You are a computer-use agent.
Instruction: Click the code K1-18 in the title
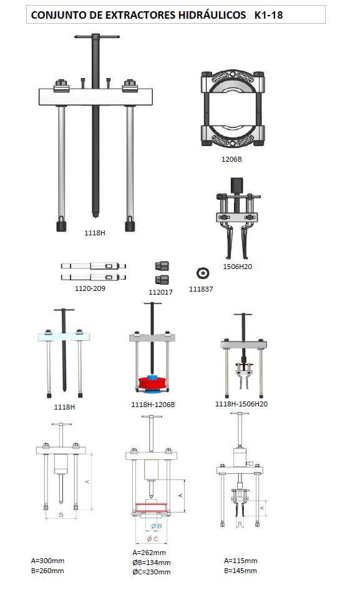click(x=268, y=15)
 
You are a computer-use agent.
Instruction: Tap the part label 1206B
click(x=231, y=159)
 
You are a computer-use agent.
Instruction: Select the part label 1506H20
click(x=238, y=267)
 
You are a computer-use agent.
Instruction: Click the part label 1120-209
click(x=90, y=288)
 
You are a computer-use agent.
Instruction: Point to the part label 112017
click(x=160, y=292)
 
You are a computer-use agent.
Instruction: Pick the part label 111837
click(x=201, y=289)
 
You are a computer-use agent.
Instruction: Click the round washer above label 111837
click(x=203, y=273)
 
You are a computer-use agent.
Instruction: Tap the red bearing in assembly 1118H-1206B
click(x=152, y=383)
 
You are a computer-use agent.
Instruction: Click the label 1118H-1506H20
click(x=241, y=404)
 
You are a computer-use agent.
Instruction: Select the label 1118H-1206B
click(x=153, y=405)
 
